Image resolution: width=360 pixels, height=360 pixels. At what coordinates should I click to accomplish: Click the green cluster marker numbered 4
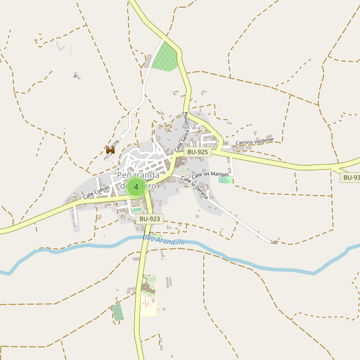coord(136,187)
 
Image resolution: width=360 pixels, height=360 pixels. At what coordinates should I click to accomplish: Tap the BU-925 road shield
coord(197,152)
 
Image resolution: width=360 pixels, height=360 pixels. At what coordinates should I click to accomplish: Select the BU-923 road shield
coord(149,219)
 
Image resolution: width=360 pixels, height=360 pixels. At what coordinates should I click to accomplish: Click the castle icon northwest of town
coord(110,151)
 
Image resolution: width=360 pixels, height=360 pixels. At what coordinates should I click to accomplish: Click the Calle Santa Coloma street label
coord(181,131)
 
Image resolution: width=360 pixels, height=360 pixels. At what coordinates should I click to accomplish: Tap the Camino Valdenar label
coord(254,142)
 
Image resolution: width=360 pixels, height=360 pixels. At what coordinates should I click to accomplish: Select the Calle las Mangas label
coord(210,173)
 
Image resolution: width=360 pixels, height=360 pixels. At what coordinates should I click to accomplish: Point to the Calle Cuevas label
coord(97,191)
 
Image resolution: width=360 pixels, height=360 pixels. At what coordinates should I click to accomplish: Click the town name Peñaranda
coord(138,175)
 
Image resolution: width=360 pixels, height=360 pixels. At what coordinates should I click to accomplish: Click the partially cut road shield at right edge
coord(350,178)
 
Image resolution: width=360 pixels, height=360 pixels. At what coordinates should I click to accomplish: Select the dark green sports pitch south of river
coord(118,312)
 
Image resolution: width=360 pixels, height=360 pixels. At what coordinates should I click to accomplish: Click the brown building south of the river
coord(148,290)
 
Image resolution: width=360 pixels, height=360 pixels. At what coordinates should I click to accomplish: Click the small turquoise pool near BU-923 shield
coord(137,209)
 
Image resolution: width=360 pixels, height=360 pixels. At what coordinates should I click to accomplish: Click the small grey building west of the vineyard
coord(148,61)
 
